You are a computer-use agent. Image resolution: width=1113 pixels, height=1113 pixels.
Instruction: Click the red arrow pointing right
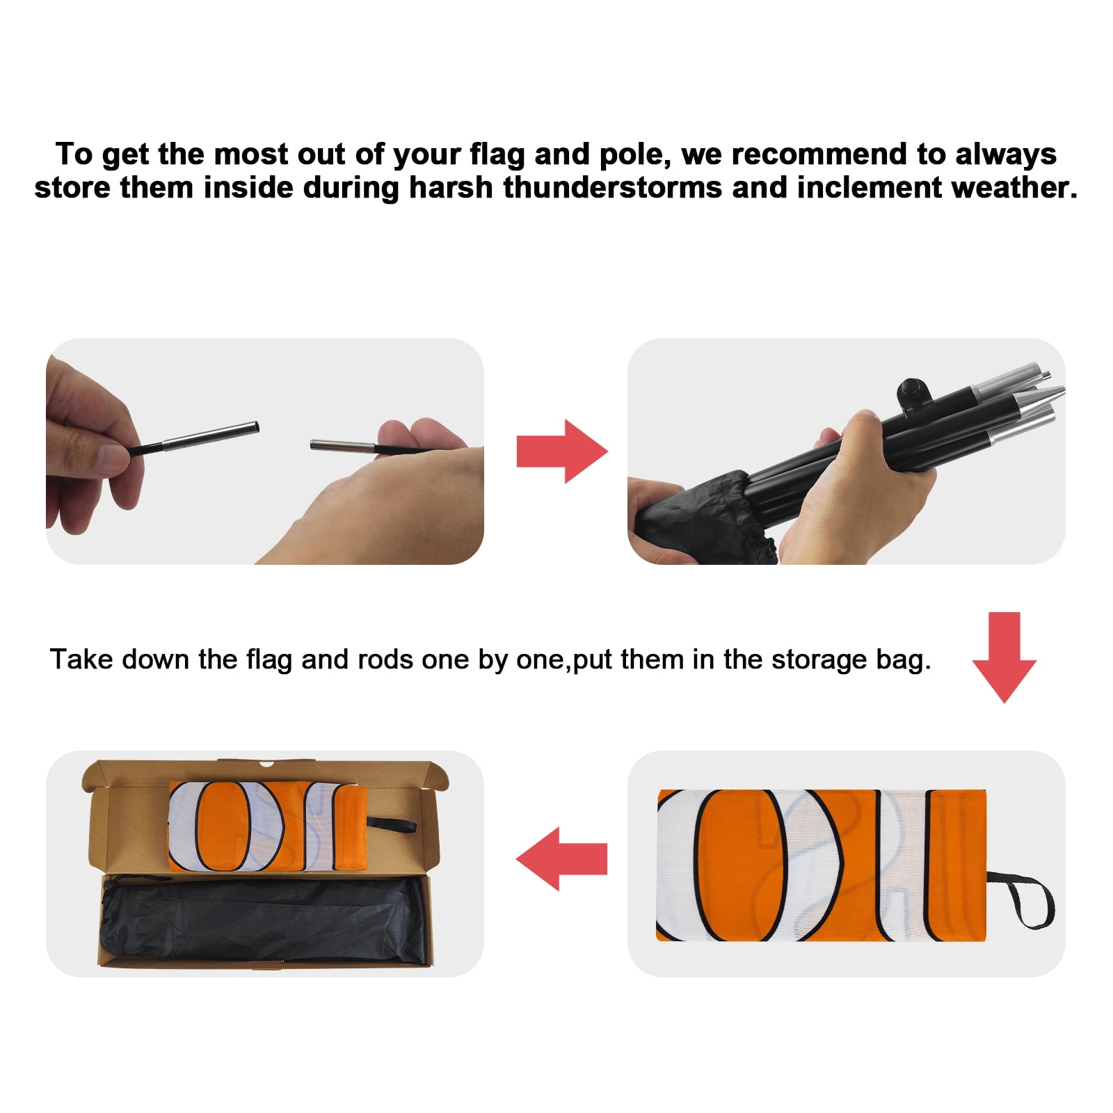(x=562, y=451)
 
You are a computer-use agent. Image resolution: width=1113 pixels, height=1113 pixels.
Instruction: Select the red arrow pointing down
(x=1004, y=657)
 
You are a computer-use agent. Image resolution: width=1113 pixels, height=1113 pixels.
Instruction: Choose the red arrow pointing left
(x=561, y=859)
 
